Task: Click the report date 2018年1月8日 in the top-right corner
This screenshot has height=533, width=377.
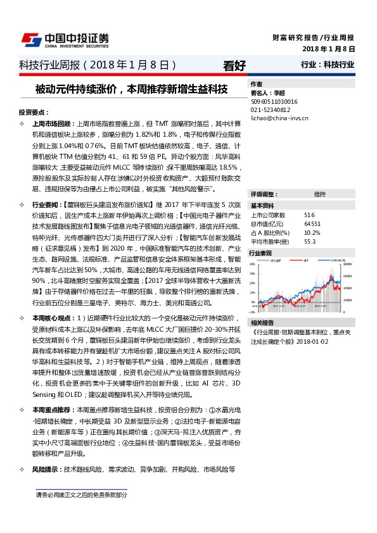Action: [328, 48]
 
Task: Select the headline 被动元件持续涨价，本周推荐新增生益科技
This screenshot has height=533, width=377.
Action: [131, 89]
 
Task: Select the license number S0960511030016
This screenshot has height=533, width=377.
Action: [274, 101]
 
